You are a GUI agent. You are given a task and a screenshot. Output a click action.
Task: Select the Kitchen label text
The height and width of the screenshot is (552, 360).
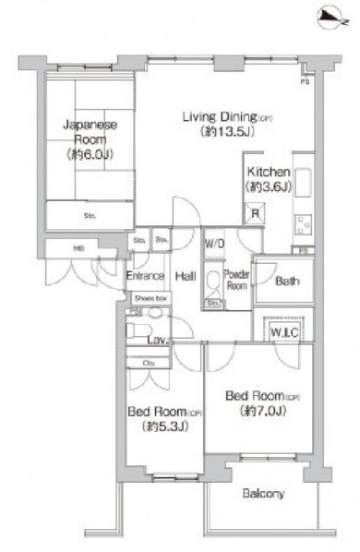pyautogui.click(x=269, y=173)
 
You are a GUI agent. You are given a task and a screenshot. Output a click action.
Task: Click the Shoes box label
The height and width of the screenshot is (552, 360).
pyautogui.click(x=150, y=299)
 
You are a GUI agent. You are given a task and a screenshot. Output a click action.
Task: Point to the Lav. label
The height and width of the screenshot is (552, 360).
pyautogui.click(x=156, y=341)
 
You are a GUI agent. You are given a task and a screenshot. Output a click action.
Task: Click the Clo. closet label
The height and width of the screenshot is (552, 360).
pyautogui.click(x=149, y=362)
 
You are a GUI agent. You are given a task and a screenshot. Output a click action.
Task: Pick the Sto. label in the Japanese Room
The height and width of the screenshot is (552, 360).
pyautogui.click(x=90, y=215)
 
